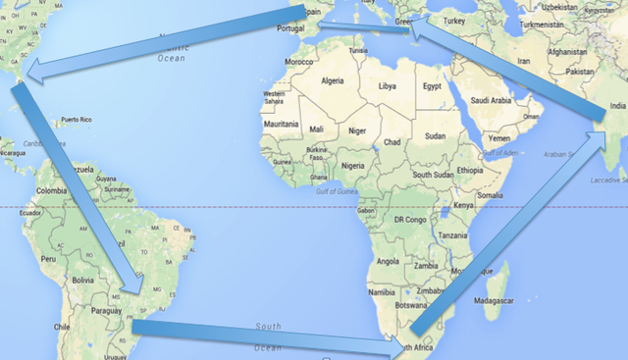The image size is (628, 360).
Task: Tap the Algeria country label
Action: (x=334, y=80)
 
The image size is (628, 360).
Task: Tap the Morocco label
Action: (x=304, y=62)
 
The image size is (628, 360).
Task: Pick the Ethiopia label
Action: (x=470, y=171)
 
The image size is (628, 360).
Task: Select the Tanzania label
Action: (x=453, y=236)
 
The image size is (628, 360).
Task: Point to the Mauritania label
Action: (x=280, y=125)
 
